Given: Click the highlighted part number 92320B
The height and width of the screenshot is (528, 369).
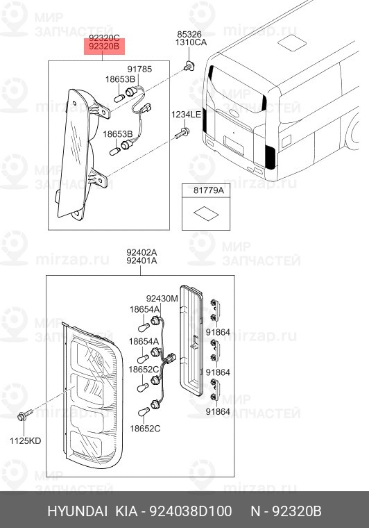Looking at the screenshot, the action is click(104, 47).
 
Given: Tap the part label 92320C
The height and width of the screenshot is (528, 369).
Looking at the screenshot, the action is click(104, 38).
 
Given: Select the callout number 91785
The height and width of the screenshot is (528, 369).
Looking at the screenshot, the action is click(139, 69).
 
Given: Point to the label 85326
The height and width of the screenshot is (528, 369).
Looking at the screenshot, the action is click(189, 34).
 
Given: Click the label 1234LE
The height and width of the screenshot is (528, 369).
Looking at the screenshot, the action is click(186, 115).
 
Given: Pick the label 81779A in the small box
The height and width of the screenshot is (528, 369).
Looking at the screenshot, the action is click(208, 190).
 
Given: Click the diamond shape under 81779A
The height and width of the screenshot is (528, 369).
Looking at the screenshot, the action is click(206, 213).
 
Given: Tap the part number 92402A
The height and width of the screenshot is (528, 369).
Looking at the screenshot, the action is click(141, 252).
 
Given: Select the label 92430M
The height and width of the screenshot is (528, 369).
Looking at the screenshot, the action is click(162, 299).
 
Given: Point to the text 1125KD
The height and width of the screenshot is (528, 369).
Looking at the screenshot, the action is click(25, 440).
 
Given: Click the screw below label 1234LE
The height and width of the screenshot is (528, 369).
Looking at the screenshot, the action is click(182, 133).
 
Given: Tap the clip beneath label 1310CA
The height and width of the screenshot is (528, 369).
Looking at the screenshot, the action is click(189, 66).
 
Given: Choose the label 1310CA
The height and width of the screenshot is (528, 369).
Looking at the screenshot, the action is click(191, 42).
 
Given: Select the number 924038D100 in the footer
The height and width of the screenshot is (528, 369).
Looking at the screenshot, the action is click(190, 511).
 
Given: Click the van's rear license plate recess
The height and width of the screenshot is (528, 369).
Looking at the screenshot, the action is click(234, 145).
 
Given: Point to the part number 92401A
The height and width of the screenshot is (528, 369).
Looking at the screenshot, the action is click(141, 261).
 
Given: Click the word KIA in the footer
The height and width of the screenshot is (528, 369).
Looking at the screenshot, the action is click(127, 511).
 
